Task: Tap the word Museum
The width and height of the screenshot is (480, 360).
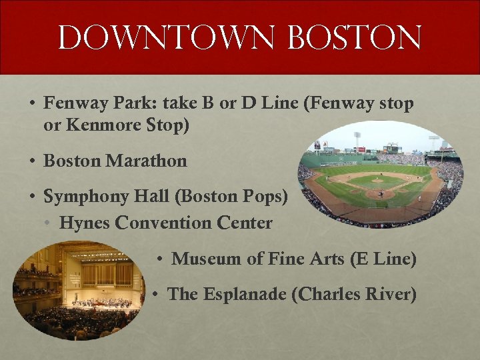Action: click(207, 259)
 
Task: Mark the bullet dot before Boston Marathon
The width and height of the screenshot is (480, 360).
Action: click(32, 161)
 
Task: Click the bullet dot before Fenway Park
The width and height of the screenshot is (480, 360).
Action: click(32, 104)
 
